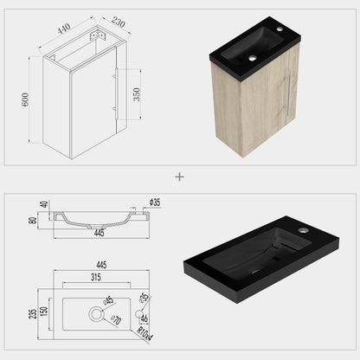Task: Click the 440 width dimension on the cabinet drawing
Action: pyautogui.click(x=63, y=29)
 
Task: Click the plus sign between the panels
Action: pyautogui.click(x=180, y=177)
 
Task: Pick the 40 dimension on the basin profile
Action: pyautogui.click(x=42, y=205)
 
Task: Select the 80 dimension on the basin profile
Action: pyautogui.click(x=33, y=222)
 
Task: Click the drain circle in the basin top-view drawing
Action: pyautogui.click(x=97, y=309)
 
